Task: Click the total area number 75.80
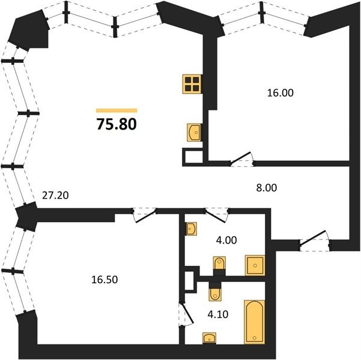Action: click(117, 124)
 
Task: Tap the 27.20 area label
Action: click(55, 196)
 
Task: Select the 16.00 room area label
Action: click(280, 93)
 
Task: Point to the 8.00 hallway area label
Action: click(267, 188)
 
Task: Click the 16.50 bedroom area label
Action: click(105, 280)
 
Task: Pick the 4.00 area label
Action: click(226, 240)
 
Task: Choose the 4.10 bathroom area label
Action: click(218, 314)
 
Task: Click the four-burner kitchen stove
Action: click(192, 84)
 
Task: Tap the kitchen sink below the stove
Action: click(194, 133)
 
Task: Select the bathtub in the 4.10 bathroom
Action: click(254, 322)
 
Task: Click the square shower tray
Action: click(255, 265)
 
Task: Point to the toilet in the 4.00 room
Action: click(219, 266)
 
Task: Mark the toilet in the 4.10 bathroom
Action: click(215, 292)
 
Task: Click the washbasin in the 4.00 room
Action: click(191, 229)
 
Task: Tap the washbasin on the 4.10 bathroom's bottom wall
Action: click(209, 338)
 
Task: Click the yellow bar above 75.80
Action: click(117, 110)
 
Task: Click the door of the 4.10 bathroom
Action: click(186, 314)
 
